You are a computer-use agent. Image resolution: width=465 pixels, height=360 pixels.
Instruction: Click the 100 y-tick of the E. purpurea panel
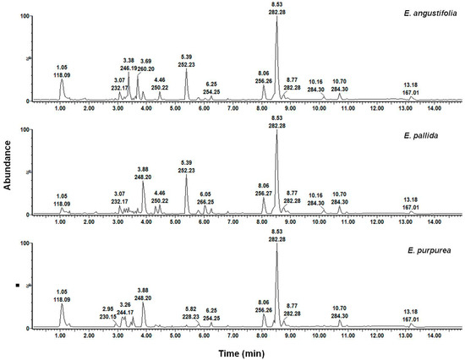point(24,243)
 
